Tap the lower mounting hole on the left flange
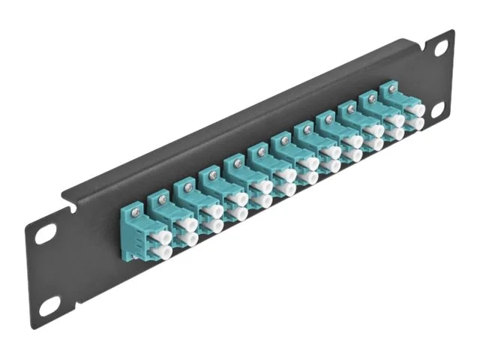pos(49,305)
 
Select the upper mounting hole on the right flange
pos(442,48)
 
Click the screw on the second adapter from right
pos(369,98)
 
